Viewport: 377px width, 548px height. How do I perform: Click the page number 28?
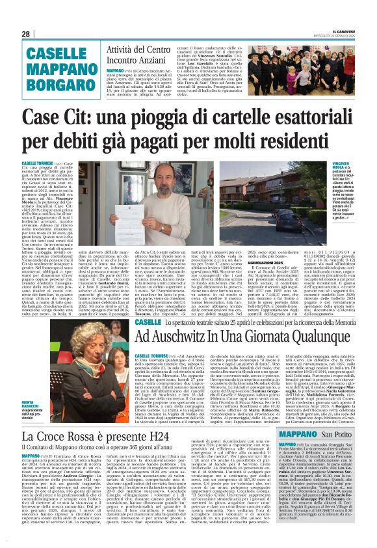[25, 34]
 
